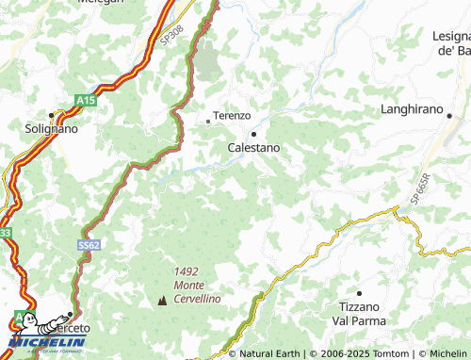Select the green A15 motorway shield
(86, 99)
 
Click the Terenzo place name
(232, 115)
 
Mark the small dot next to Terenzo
(208, 121)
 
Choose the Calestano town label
(253, 148)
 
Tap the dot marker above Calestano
(253, 134)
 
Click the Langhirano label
(411, 110)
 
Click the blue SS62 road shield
(89, 244)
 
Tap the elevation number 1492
(187, 271)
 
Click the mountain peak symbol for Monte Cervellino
(161, 301)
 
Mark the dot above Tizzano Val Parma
(358, 293)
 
